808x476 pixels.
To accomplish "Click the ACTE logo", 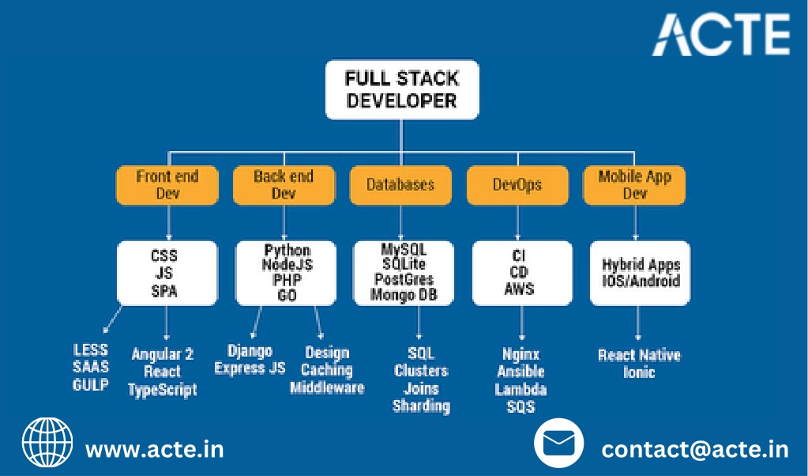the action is click(721, 35).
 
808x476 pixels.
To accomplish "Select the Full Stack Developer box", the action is click(402, 89).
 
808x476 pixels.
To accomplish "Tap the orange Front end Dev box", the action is click(167, 185).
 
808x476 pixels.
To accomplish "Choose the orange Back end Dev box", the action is click(284, 185).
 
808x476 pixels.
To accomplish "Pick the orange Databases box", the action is click(400, 185).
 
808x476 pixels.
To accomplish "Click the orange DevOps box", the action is click(517, 185).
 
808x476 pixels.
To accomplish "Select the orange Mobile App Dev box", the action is click(634, 185).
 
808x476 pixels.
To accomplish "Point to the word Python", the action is click(287, 250).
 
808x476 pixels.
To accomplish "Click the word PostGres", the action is click(404, 280).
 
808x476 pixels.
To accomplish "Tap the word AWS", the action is click(520, 289).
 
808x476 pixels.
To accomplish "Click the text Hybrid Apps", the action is click(641, 265).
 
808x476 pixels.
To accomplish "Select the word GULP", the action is click(91, 385).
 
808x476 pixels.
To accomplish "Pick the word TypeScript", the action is click(163, 390).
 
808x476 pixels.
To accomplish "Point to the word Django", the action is click(250, 352).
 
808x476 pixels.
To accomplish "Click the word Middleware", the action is click(327, 387).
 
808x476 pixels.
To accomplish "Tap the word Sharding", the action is click(422, 406).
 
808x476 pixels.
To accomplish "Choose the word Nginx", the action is click(521, 355).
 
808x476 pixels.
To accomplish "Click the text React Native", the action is click(639, 355).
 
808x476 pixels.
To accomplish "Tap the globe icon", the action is click(47, 443).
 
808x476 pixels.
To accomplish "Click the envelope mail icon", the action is click(559, 443).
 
